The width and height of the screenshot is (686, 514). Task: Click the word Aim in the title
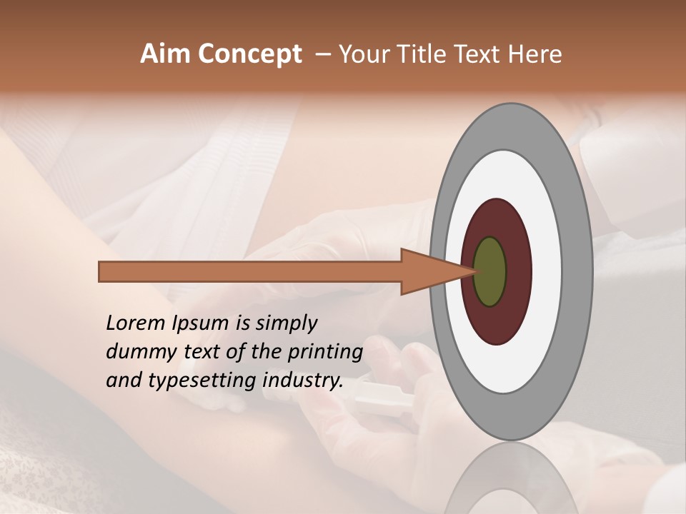click(166, 54)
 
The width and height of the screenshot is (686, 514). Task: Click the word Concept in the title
click(249, 55)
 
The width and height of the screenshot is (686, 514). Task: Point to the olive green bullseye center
click(490, 272)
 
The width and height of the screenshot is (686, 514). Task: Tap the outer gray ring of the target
click(579, 272)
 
